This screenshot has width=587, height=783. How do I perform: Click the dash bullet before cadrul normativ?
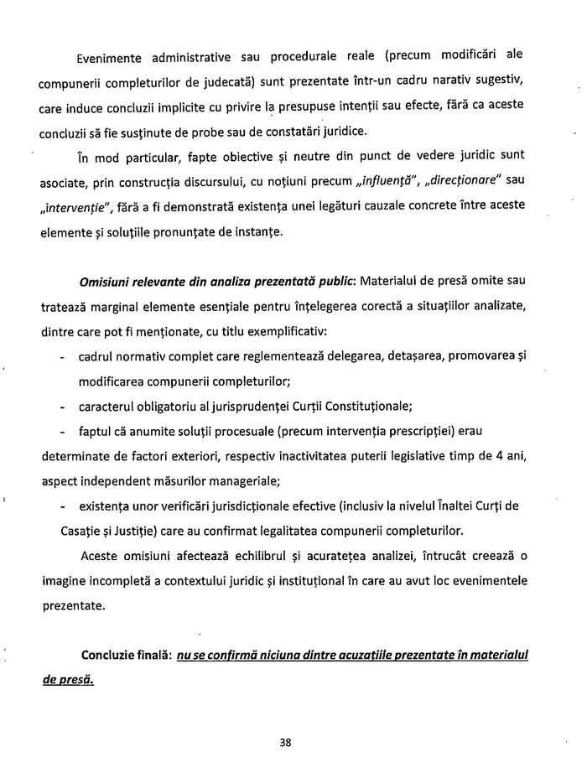[x=64, y=358]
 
